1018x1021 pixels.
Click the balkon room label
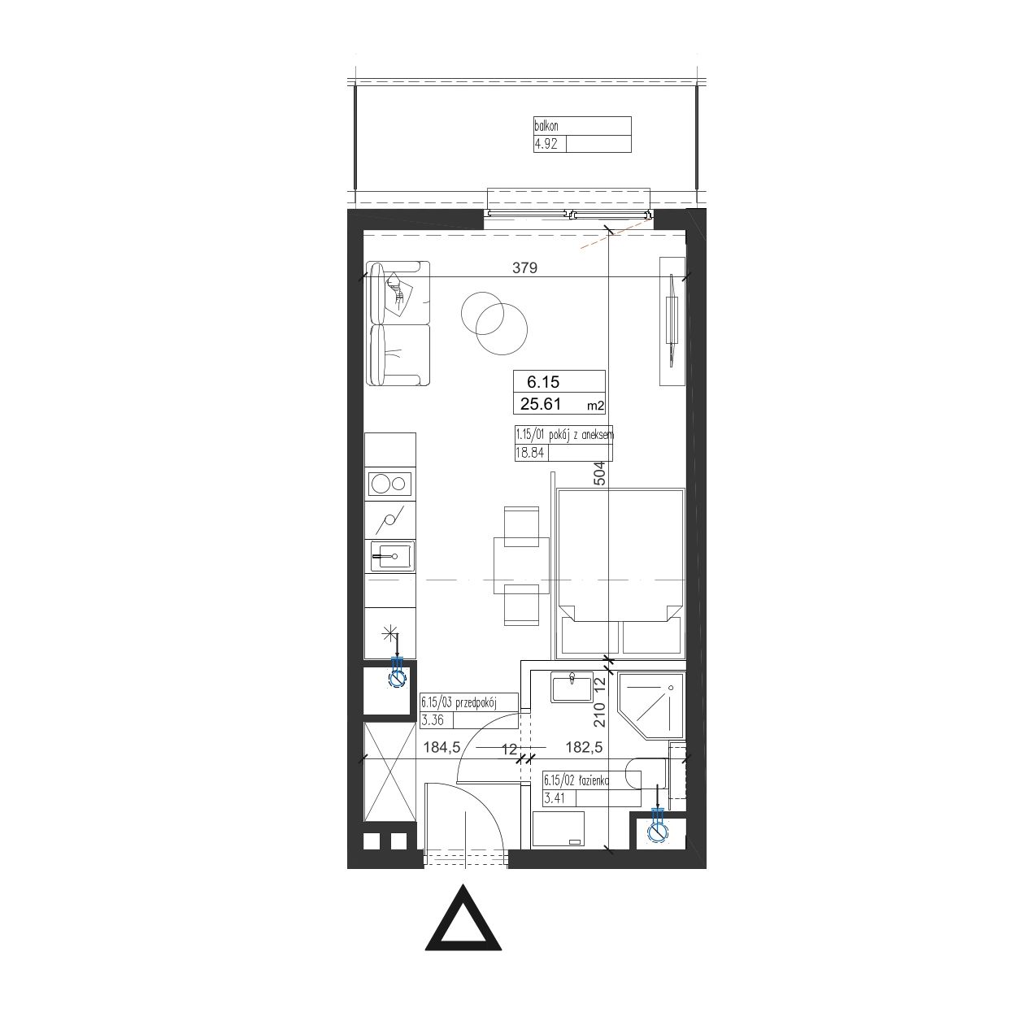pos(546,126)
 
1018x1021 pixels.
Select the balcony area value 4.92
pos(546,144)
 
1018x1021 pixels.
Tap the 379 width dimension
pos(524,268)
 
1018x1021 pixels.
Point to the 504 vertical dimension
pos(598,473)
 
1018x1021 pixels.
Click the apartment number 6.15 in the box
pos(543,382)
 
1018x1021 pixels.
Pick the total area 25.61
pos(540,404)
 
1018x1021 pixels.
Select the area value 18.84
pos(529,453)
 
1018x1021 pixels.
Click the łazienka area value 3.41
pos(555,797)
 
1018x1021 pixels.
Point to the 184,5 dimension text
pos(442,747)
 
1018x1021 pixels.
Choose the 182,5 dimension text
pos(584,747)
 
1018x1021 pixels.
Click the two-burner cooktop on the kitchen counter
pos(390,483)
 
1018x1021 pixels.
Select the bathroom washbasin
pos(572,688)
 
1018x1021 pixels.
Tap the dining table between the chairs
pos(521,565)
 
